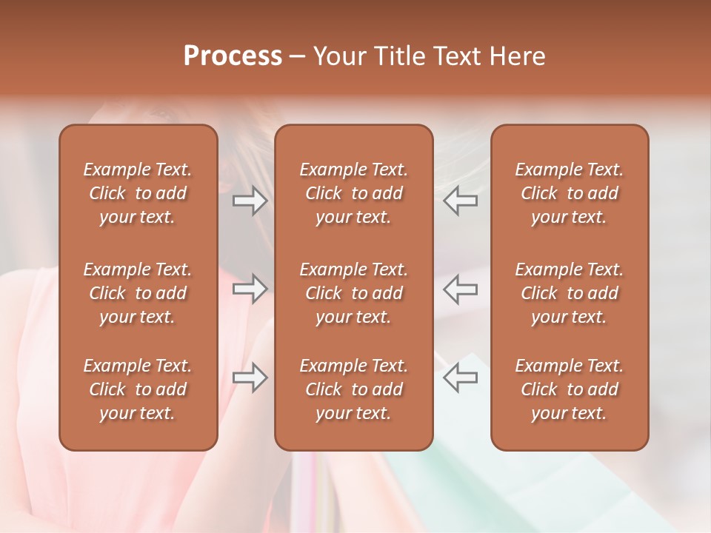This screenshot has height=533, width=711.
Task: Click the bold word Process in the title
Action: tap(233, 56)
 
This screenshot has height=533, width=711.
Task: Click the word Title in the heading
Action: tap(400, 56)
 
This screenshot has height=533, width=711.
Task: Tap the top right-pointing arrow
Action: tap(250, 200)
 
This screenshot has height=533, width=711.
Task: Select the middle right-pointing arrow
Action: tap(250, 289)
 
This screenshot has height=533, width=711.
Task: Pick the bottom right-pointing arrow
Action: tap(250, 378)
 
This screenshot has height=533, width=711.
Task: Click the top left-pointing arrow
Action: tap(461, 200)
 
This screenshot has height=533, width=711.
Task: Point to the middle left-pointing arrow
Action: tap(461, 289)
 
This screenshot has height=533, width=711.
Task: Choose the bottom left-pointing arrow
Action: tap(461, 378)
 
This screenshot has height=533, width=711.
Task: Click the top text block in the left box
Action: tap(138, 193)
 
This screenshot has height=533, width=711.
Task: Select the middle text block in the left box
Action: tap(138, 293)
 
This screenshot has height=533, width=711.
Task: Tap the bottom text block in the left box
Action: tap(138, 389)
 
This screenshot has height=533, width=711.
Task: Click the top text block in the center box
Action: tap(353, 193)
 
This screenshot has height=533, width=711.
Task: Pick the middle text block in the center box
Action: tap(353, 293)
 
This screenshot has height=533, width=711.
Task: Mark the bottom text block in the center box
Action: tap(353, 389)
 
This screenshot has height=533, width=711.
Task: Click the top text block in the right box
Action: tap(569, 193)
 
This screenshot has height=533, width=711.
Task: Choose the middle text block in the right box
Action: tap(569, 293)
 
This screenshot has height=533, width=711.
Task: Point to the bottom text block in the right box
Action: tap(569, 389)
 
